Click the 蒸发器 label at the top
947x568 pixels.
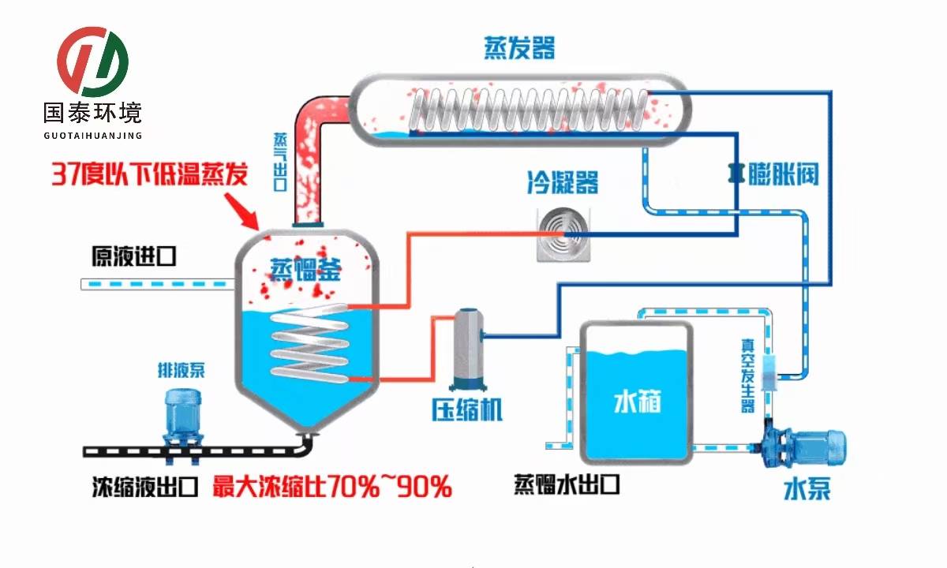519,48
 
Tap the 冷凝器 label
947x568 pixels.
563,183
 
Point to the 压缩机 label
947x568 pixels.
466,409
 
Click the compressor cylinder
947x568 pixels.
468,348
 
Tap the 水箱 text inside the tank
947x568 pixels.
637,402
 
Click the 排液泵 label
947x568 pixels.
181,369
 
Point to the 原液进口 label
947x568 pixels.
132,257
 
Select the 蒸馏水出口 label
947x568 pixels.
567,484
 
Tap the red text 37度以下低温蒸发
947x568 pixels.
149,173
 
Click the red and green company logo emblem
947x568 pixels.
92,62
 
